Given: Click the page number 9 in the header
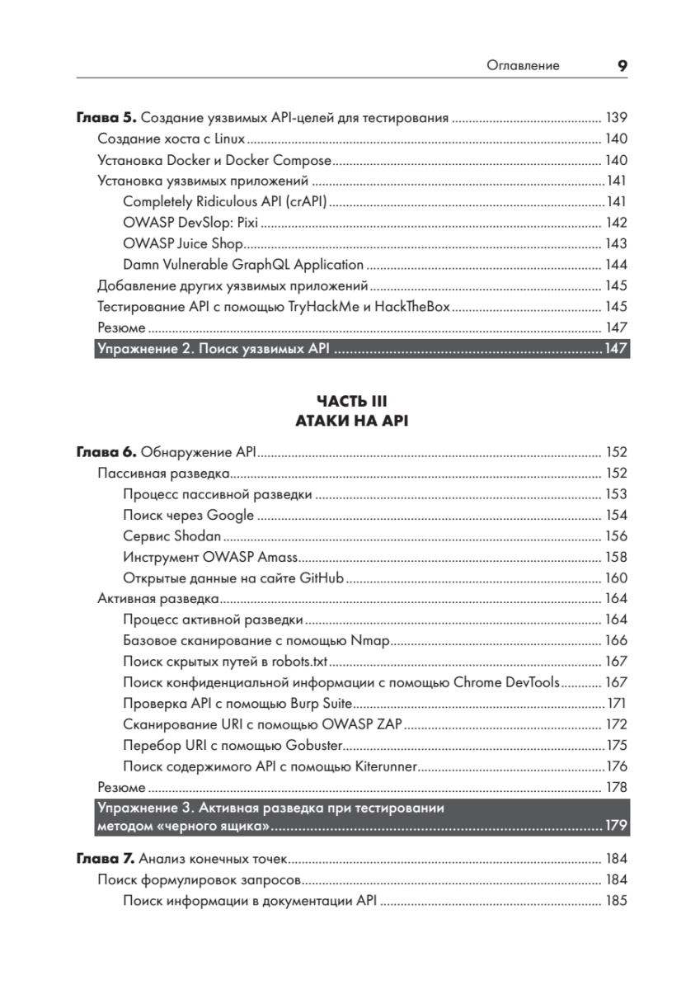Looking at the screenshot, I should (622, 66).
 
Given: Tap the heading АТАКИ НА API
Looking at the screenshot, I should (351, 421).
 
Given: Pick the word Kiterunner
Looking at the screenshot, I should (389, 766).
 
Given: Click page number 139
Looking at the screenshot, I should (616, 117).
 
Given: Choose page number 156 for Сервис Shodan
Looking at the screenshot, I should (616, 536).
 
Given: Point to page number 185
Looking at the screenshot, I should (616, 901).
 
